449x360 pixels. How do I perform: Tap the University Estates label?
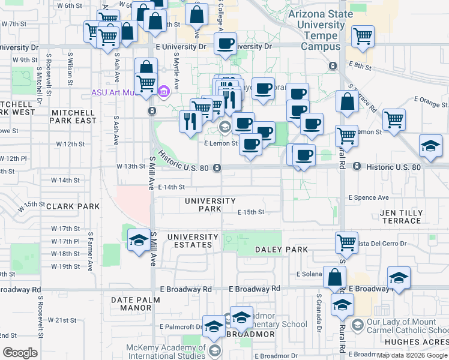coord(190,241)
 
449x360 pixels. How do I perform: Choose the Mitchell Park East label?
coord(74,116)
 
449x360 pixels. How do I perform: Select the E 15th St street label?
coord(251,212)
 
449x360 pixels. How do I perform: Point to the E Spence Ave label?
coord(368,197)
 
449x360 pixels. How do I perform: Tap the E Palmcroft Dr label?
coord(180,327)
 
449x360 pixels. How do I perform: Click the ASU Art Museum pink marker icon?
coord(163,93)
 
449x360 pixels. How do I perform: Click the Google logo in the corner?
coord(20,353)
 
